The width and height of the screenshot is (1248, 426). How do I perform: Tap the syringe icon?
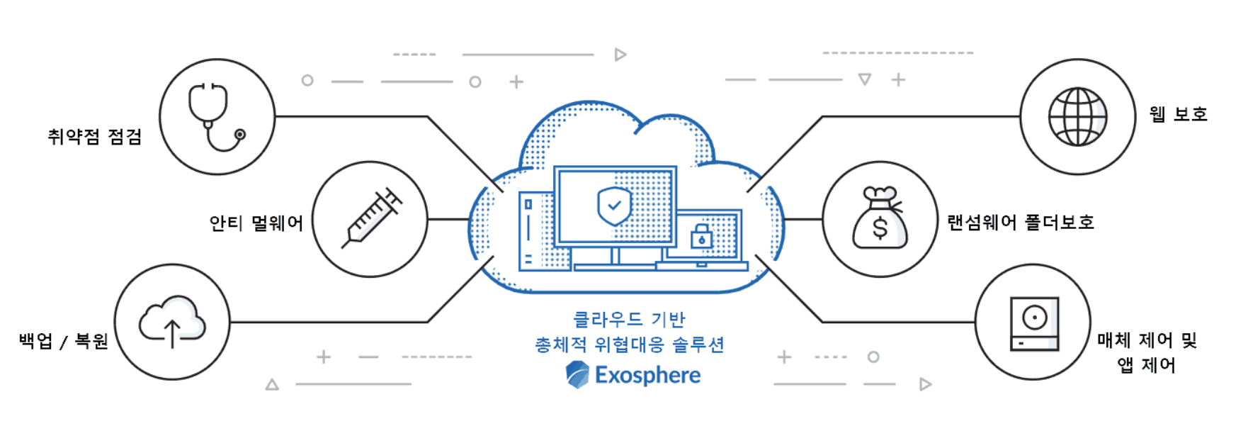click(370, 218)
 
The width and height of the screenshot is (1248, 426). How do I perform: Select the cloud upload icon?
click(172, 323)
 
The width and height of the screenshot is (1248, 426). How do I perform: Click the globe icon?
click(1077, 117)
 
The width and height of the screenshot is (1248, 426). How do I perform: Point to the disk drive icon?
click(1034, 324)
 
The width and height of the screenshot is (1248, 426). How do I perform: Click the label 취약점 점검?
click(94, 136)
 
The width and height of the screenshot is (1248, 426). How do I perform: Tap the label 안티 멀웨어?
click(256, 223)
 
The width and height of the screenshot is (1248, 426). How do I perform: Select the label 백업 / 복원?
click(63, 342)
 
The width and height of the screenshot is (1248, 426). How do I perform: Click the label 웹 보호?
click(1178, 114)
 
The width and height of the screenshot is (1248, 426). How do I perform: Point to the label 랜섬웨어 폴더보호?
click(1021, 223)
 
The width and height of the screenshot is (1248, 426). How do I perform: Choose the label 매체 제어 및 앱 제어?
click(1147, 352)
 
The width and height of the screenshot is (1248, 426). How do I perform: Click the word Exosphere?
click(647, 375)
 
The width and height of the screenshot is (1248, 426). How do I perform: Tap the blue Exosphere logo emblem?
click(577, 374)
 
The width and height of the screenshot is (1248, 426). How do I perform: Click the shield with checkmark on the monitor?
click(614, 206)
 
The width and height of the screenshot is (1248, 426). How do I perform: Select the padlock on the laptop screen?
click(701, 237)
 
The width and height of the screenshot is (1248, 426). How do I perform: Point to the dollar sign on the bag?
click(880, 228)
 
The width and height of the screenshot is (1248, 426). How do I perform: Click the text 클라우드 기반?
click(629, 319)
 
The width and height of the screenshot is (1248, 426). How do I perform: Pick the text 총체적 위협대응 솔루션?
click(629, 345)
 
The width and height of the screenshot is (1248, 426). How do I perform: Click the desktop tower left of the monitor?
click(535, 230)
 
